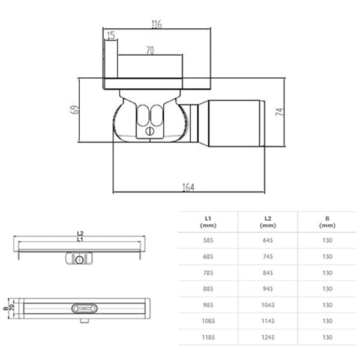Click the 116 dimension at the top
157,24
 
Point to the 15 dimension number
111,35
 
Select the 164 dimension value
188,187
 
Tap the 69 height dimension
74,110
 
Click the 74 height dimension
280,112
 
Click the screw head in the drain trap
149,131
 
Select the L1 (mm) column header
208,222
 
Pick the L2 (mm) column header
268,222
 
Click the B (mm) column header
327,222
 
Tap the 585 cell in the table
208,241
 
